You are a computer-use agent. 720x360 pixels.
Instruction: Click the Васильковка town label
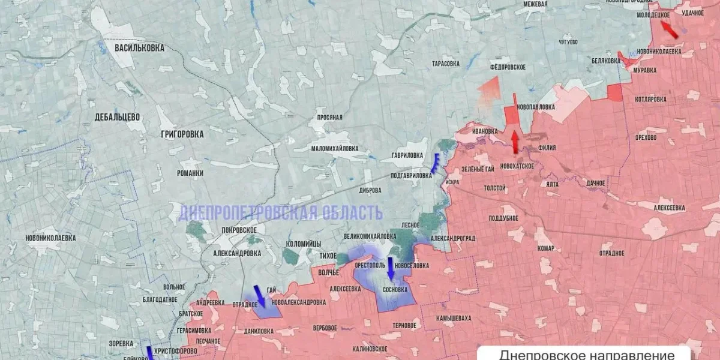[x=139, y=48]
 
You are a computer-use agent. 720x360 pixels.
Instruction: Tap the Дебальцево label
[x=117, y=117]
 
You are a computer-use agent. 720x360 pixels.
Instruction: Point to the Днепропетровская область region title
[x=280, y=212]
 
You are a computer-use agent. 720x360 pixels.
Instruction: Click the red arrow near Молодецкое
[x=669, y=29]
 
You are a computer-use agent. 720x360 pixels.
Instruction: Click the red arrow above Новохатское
[x=514, y=142]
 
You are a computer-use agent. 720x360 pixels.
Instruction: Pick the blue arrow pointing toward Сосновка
[x=391, y=268]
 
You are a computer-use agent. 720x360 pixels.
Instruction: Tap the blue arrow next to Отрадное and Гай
[x=260, y=295]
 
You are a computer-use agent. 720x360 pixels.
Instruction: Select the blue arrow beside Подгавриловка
[x=435, y=163]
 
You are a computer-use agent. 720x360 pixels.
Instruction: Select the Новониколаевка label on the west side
[x=50, y=238]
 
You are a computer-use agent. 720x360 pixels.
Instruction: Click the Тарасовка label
[x=446, y=63]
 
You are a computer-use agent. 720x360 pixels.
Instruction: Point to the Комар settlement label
[x=546, y=248]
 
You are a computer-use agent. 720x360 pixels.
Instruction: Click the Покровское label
[x=239, y=230]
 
